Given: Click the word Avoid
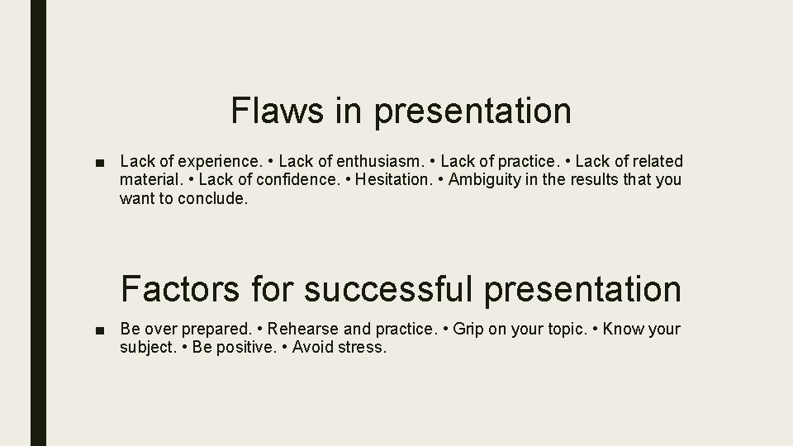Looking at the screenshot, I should coord(312,348).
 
